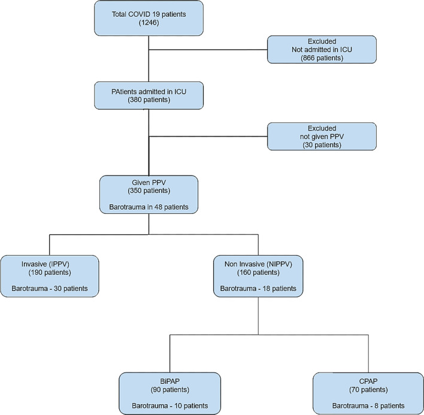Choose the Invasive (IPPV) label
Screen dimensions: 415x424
click(x=50, y=263)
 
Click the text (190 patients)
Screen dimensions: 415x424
click(x=50, y=272)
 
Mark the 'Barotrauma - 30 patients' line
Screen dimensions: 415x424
click(x=50, y=289)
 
